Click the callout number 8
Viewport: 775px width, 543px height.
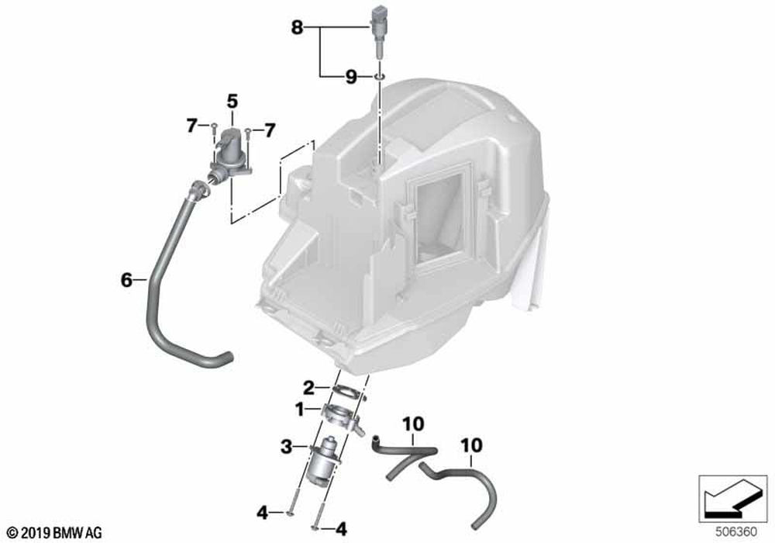coord(297,27)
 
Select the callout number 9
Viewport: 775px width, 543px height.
coord(350,77)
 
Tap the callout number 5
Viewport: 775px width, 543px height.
coord(232,102)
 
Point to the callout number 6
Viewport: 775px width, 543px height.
coord(126,280)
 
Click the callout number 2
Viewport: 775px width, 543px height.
coord(308,388)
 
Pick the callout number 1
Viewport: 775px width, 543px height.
coord(299,410)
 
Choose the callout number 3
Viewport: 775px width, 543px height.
coord(287,448)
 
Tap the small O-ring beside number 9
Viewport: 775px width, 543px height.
coord(380,77)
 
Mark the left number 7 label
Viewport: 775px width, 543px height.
coord(191,126)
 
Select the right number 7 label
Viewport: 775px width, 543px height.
coord(269,130)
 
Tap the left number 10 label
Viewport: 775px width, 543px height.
coord(413,424)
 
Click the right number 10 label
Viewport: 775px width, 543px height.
coord(471,445)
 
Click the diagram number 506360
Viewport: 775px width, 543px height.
coord(736,532)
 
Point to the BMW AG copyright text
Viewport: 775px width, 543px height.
coord(55,533)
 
